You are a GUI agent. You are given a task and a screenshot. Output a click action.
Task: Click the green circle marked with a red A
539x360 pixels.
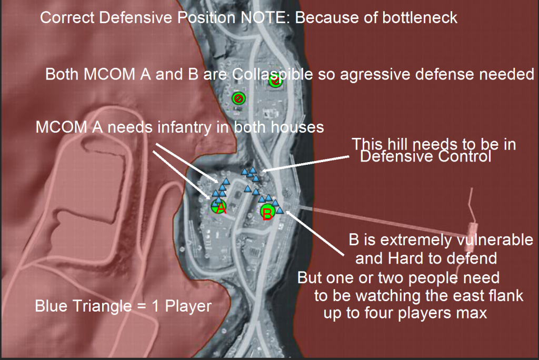[x=218, y=206]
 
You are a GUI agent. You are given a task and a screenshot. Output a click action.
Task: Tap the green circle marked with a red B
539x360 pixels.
[x=267, y=211]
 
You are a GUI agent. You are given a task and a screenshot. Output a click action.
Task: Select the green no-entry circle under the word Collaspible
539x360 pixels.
[x=275, y=81]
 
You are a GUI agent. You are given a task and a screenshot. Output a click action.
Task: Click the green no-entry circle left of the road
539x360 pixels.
[x=238, y=98]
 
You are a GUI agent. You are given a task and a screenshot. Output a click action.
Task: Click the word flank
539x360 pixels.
[x=506, y=296]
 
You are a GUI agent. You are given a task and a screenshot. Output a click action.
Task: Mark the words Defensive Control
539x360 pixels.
[x=425, y=156]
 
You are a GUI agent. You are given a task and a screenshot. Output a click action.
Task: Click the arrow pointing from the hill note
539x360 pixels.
[x=305, y=164]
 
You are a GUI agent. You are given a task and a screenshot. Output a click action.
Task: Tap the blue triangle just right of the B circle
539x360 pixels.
[x=280, y=211]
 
